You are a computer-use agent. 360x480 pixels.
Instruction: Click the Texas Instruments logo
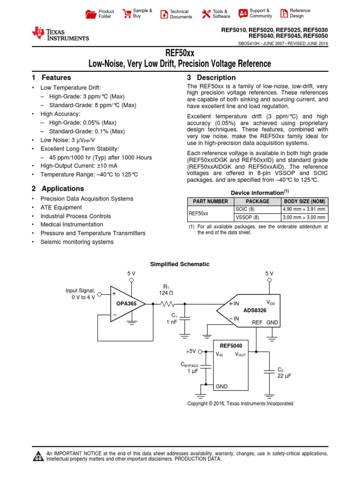point(60,33)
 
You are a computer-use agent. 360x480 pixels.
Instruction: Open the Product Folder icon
point(90,14)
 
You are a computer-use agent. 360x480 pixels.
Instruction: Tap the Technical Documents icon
point(164,14)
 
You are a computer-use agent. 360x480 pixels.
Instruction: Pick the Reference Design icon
point(283,13)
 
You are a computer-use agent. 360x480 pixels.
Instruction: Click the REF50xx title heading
point(180,53)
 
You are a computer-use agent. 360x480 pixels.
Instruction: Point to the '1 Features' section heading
point(52,78)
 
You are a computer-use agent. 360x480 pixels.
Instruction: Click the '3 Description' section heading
point(211,78)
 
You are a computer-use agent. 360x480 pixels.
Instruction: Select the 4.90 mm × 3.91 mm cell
point(304,210)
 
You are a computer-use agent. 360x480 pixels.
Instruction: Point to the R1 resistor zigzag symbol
point(167,304)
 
